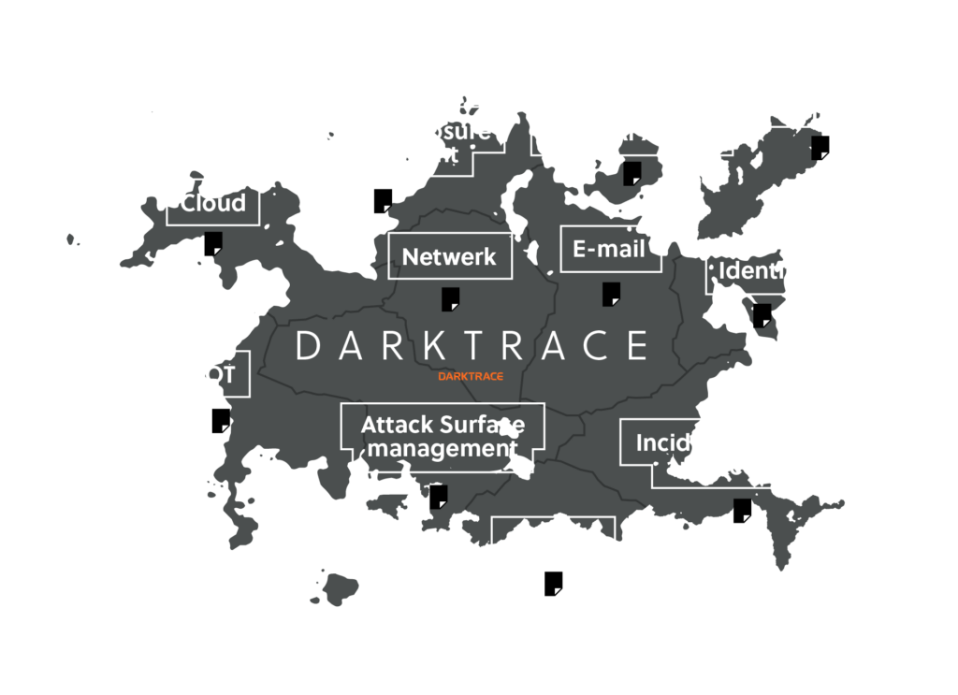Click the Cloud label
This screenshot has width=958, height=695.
point(213,203)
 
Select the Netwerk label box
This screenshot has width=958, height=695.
point(450,256)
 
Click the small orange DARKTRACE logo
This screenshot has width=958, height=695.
point(472,376)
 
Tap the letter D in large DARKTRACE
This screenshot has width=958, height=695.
point(308,345)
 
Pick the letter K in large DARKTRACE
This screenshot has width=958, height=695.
point(431,345)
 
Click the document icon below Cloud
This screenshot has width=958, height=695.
point(213,243)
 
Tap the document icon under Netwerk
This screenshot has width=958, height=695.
point(450,299)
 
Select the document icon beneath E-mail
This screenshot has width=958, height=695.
point(611,294)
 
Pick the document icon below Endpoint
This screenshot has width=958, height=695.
point(820,148)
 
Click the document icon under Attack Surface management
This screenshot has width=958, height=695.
point(438,497)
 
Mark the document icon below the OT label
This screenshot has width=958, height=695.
point(220,421)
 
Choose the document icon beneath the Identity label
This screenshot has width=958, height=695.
point(762,315)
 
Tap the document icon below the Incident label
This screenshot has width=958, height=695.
point(742,511)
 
